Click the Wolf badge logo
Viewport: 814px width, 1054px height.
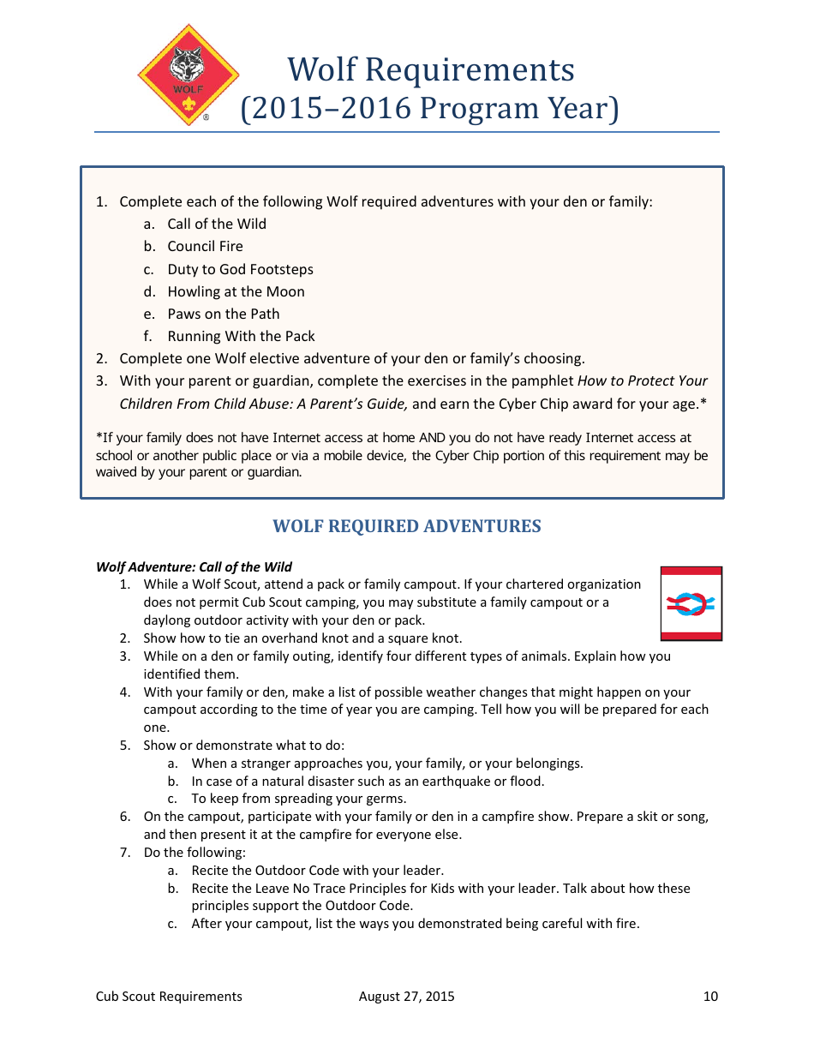(x=188, y=75)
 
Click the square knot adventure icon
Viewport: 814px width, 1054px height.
(x=691, y=603)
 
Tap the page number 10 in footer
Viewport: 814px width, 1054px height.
(x=710, y=996)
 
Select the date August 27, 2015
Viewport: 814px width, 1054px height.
(x=406, y=996)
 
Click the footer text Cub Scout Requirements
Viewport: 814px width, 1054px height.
(x=169, y=996)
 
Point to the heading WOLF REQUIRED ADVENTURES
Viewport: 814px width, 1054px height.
(x=406, y=526)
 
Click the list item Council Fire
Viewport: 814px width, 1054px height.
(x=205, y=246)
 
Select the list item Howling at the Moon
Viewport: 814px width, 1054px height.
(x=236, y=291)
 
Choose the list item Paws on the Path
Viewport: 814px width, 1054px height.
(x=223, y=314)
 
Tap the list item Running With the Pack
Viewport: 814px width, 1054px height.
(x=241, y=336)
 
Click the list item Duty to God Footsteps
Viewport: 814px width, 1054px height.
(x=240, y=269)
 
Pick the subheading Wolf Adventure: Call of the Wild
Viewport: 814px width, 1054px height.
(x=194, y=566)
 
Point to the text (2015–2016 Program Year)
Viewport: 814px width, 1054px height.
(x=429, y=109)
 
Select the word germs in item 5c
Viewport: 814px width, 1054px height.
(x=388, y=799)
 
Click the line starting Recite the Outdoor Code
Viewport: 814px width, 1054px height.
(x=317, y=870)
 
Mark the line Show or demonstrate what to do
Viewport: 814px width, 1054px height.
(x=243, y=745)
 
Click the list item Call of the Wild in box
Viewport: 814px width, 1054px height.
(x=217, y=224)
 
